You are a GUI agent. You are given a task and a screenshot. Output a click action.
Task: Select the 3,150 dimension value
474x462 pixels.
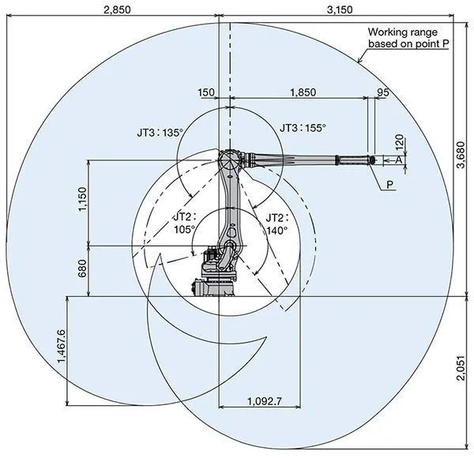340,9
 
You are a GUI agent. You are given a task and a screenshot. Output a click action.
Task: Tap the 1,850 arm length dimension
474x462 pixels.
303,92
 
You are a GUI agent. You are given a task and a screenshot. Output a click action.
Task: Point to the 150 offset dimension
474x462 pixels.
207,92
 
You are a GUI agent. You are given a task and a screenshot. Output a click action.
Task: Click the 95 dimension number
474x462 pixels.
383,92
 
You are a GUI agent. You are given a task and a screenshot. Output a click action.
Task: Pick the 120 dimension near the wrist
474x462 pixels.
399,141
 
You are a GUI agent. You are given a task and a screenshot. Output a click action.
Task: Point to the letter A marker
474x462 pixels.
399,160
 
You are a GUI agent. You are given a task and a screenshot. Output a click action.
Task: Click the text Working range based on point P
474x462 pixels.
408,38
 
